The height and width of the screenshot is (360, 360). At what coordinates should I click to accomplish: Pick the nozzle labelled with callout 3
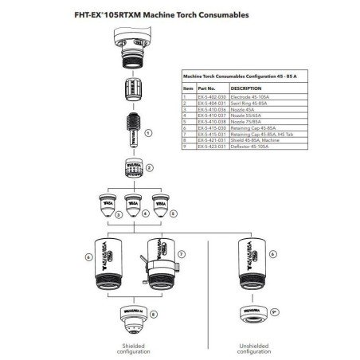point(104,205)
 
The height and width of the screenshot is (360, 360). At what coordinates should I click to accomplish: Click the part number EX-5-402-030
point(211,96)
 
